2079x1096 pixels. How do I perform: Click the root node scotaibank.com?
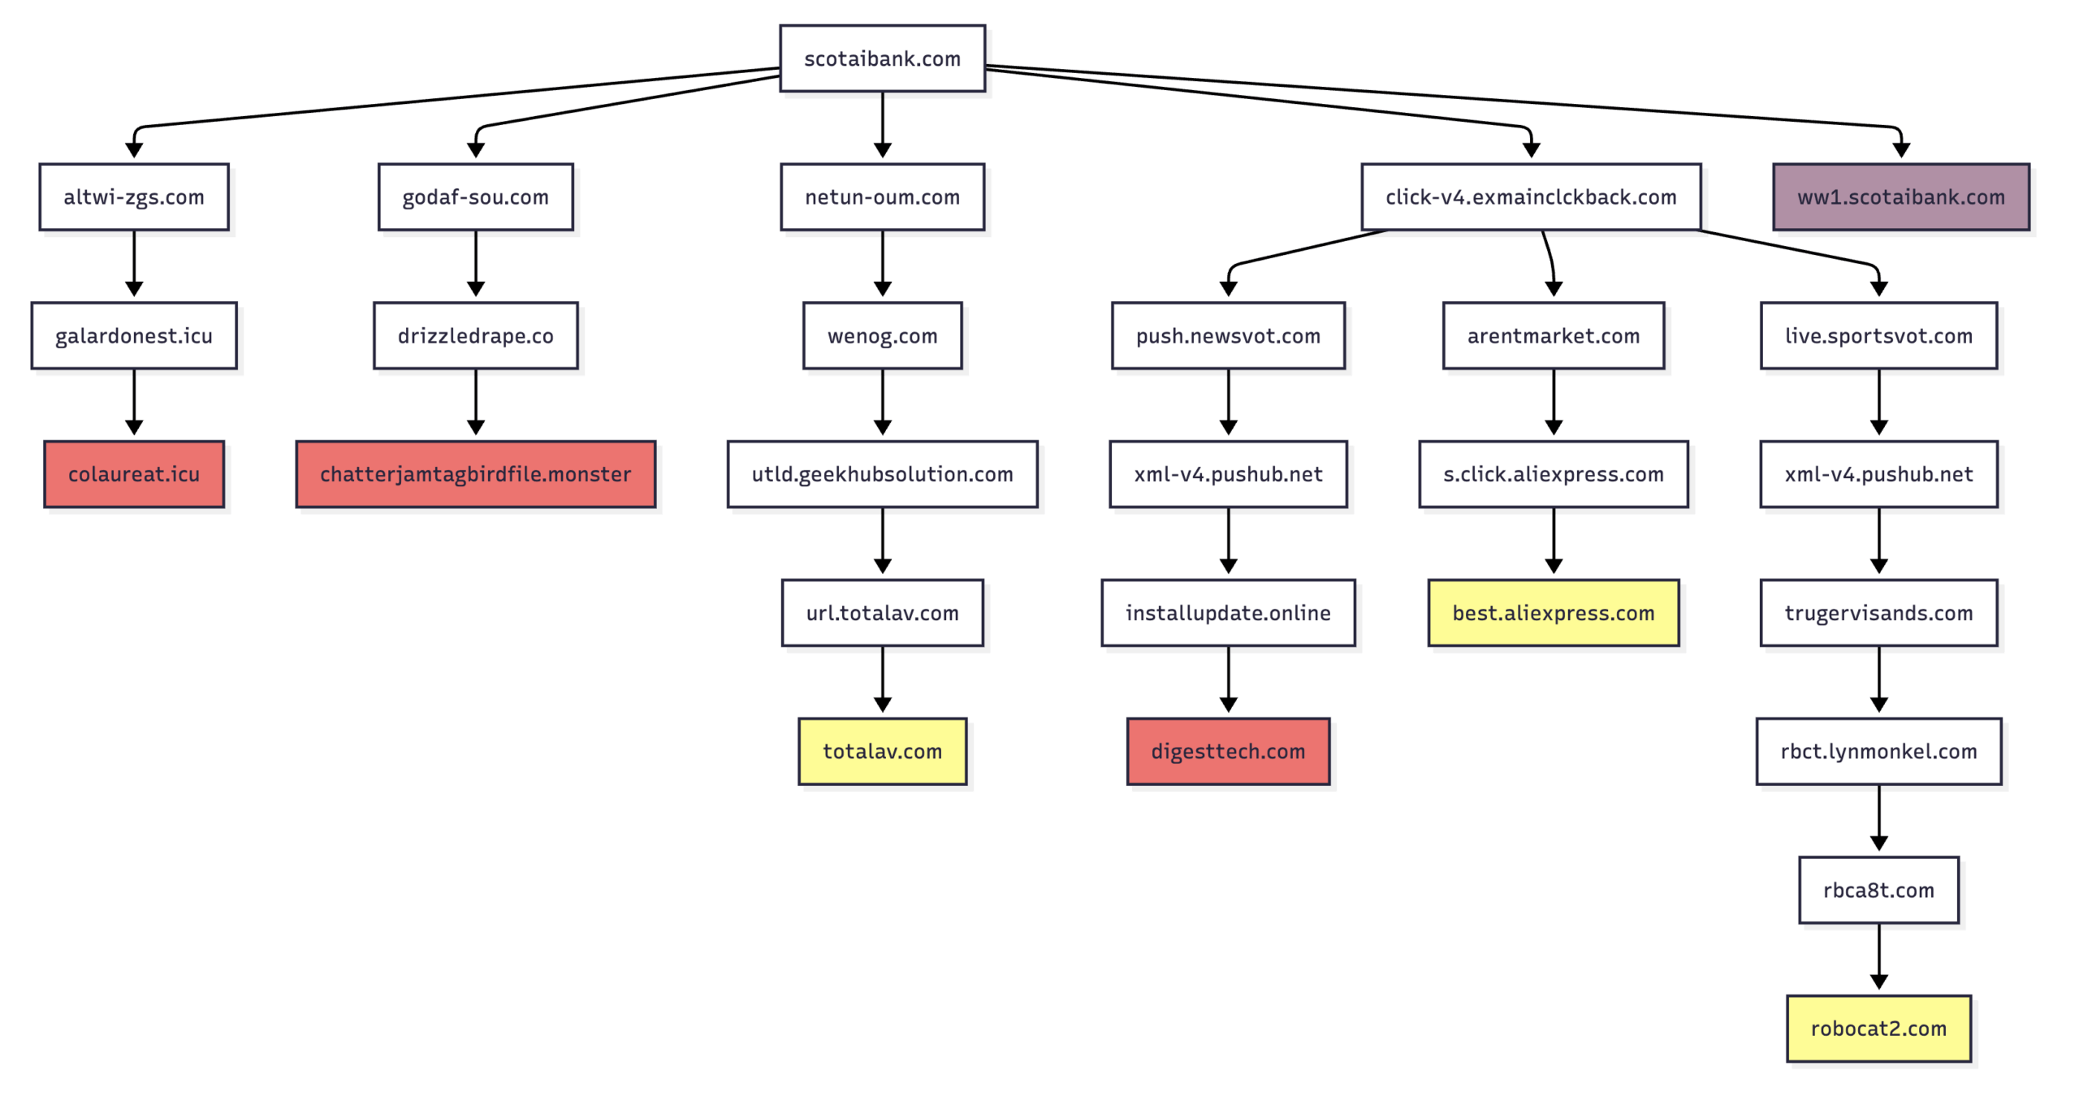(882, 58)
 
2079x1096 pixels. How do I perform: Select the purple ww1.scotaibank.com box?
(1900, 196)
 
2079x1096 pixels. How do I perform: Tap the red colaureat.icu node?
(134, 474)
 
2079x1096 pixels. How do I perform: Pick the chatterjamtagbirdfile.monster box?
(475, 474)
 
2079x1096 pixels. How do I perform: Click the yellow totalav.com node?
(882, 751)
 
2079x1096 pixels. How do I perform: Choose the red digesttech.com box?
(1227, 751)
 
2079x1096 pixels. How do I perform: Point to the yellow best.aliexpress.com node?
(1553, 613)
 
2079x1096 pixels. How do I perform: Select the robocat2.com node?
(1878, 1028)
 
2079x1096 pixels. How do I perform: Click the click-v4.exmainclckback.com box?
(1530, 196)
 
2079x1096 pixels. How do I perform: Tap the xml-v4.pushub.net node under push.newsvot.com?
(1227, 474)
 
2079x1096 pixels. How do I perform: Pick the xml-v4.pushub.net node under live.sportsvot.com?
(1878, 474)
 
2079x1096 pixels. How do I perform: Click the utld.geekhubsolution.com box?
(882, 474)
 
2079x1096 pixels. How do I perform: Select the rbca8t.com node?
(1878, 890)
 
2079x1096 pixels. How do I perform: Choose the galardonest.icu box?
(134, 335)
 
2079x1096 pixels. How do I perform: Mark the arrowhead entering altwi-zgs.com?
(134, 149)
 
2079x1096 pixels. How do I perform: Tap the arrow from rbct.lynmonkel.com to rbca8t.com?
(1878, 817)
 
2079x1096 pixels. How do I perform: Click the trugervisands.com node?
(1878, 613)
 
